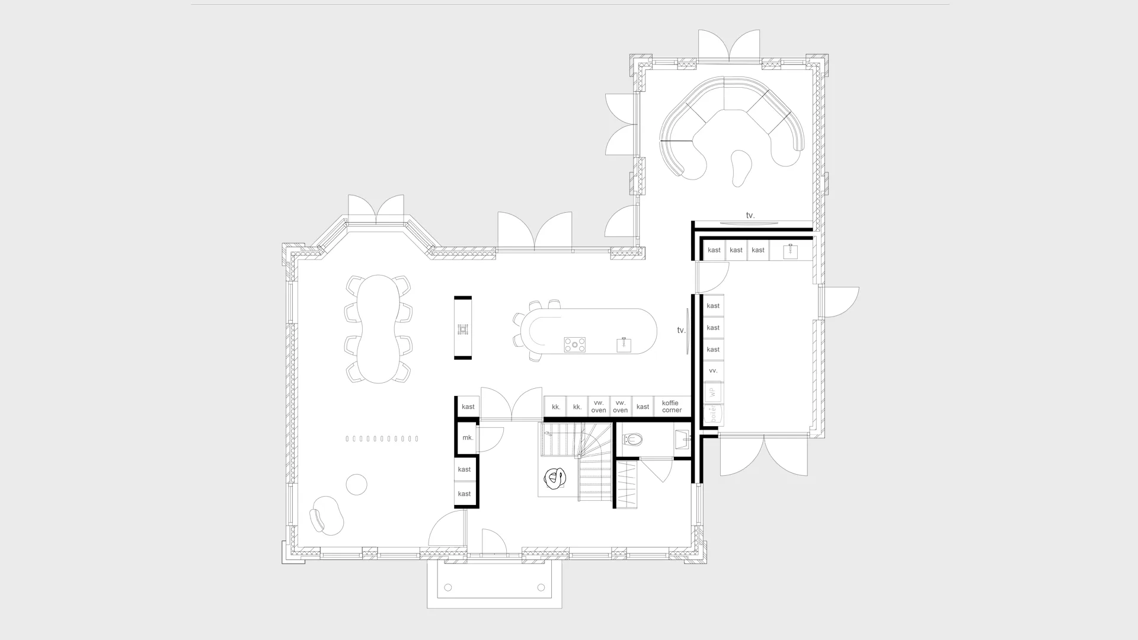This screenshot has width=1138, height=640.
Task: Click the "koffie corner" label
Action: coord(672,407)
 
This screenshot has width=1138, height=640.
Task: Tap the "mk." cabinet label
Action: coord(468,438)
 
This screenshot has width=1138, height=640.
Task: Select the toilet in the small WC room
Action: coord(633,440)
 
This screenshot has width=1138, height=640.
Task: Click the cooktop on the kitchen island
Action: coord(574,344)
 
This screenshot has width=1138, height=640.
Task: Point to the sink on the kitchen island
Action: coord(624,344)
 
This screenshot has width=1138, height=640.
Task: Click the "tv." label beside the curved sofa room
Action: coord(750,216)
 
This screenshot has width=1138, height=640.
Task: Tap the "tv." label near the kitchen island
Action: coord(681,330)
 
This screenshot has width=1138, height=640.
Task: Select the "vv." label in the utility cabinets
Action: coord(713,371)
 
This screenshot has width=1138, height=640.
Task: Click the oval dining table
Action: coord(378,329)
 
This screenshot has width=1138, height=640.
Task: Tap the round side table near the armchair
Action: coord(356,484)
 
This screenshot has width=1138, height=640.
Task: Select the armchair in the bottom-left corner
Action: coord(325,515)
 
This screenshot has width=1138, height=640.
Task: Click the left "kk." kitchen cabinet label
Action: coord(556,407)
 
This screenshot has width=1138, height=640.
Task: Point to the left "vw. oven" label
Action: coord(599,407)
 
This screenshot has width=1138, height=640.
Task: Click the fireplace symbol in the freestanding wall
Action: coord(463,329)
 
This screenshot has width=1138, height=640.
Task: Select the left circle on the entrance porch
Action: coord(448,588)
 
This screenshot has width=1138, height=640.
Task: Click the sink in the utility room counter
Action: coord(790,251)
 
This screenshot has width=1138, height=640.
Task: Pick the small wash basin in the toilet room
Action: coord(682,439)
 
